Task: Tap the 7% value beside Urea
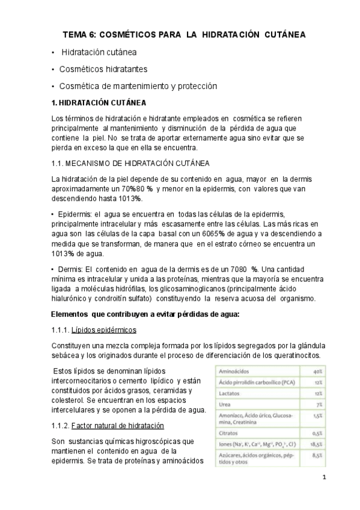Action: (x=320, y=404)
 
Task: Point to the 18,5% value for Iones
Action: (x=316, y=444)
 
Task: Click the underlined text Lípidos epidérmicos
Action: (x=104, y=330)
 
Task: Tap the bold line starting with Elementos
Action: (x=145, y=314)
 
